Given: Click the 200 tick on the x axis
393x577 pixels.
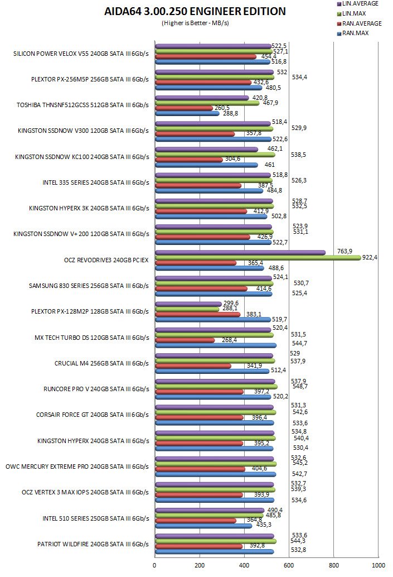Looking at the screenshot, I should pyautogui.click(x=200, y=565).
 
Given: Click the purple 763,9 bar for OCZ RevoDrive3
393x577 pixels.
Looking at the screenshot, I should pyautogui.click(x=240, y=252).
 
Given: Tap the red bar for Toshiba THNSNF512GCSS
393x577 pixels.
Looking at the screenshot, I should pyautogui.click(x=183, y=108).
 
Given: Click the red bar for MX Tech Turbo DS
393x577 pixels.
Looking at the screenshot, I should pyautogui.click(x=185, y=340).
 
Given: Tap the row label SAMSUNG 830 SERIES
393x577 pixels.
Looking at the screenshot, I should pyautogui.click(x=89, y=286).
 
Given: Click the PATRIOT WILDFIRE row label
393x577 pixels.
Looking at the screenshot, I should pyautogui.click(x=93, y=544).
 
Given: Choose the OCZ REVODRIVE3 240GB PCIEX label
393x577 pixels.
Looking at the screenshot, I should pyautogui.click(x=106, y=260).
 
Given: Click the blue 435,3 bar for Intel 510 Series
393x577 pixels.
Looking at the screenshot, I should pyautogui.click(x=203, y=526).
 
